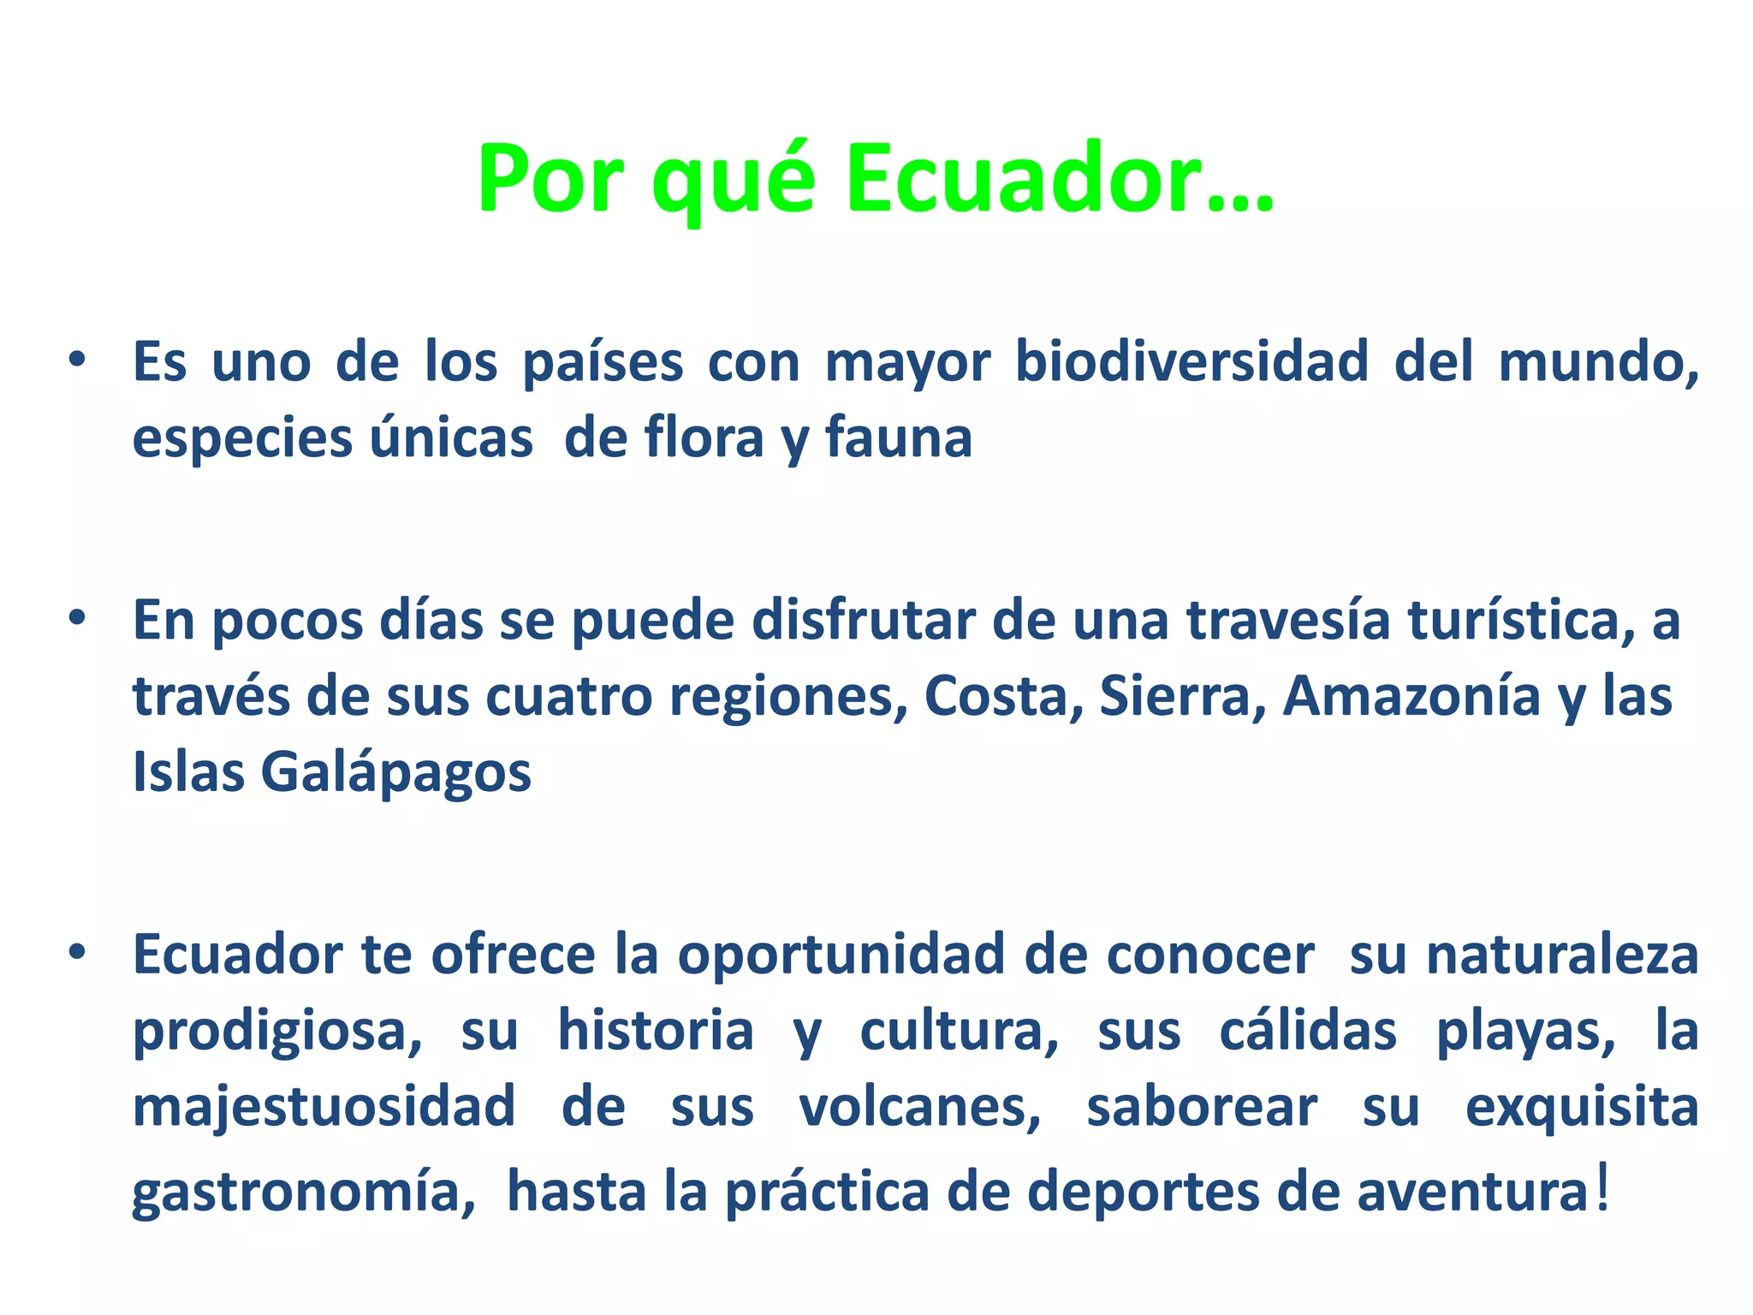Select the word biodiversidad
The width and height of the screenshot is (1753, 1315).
pyautogui.click(x=1191, y=361)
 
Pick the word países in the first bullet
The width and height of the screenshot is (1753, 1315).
pyautogui.click(x=603, y=363)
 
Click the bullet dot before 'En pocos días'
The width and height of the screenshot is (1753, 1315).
pyautogui.click(x=78, y=618)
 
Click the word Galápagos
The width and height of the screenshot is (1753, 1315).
pyautogui.click(x=395, y=773)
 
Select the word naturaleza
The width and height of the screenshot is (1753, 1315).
pyautogui.click(x=1562, y=955)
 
